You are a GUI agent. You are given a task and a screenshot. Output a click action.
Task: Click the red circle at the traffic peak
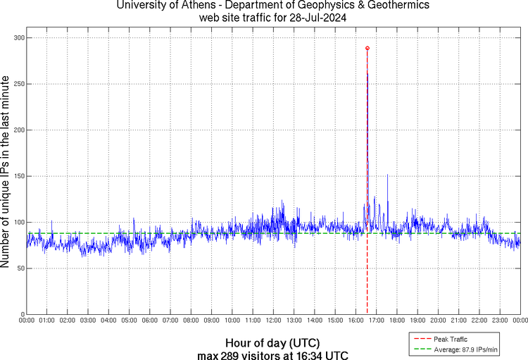[367, 48]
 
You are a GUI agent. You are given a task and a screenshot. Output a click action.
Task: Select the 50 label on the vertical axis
[18, 268]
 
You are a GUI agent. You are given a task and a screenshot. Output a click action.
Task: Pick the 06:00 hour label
[150, 321]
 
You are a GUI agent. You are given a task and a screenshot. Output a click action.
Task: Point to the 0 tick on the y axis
[21, 314]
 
